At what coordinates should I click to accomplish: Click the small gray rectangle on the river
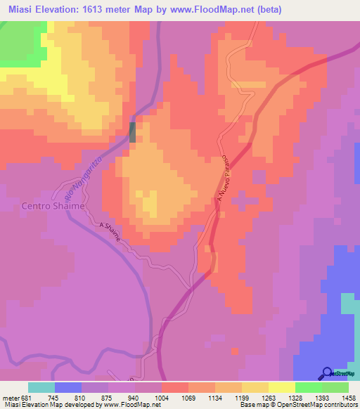(x=133, y=131)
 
